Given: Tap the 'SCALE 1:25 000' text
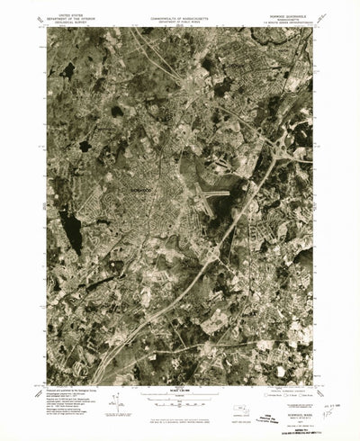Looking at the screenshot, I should click(x=181, y=390).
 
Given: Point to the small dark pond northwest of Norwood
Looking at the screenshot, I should click(x=116, y=112).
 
